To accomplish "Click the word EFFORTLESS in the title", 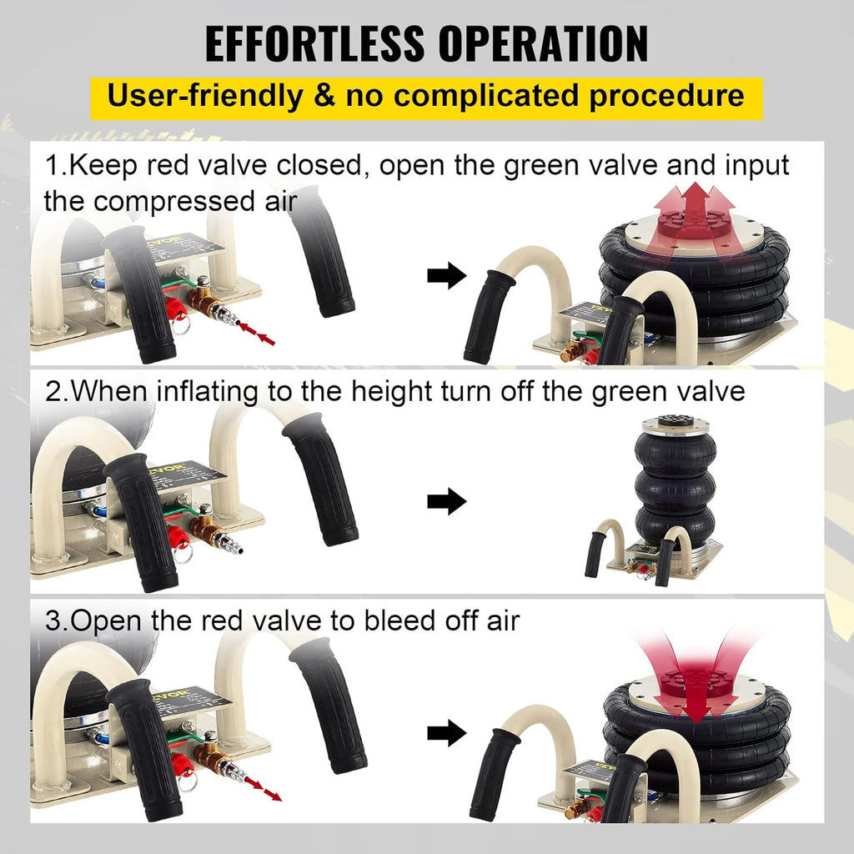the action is (314, 43).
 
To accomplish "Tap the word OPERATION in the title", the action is (544, 43).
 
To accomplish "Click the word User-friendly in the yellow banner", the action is (204, 97).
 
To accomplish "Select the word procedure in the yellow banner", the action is (666, 97).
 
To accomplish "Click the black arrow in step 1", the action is (447, 275).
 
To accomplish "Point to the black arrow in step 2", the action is (447, 501).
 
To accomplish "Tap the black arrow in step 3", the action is (447, 733).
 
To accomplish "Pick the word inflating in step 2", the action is (207, 392).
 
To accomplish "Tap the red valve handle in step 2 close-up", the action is (178, 537).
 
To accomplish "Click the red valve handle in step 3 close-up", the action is (181, 765).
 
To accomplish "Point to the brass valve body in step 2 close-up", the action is (204, 527).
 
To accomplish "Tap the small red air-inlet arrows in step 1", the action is (257, 334).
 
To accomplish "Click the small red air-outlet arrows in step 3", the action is (263, 789).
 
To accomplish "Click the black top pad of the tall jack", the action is (675, 420).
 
